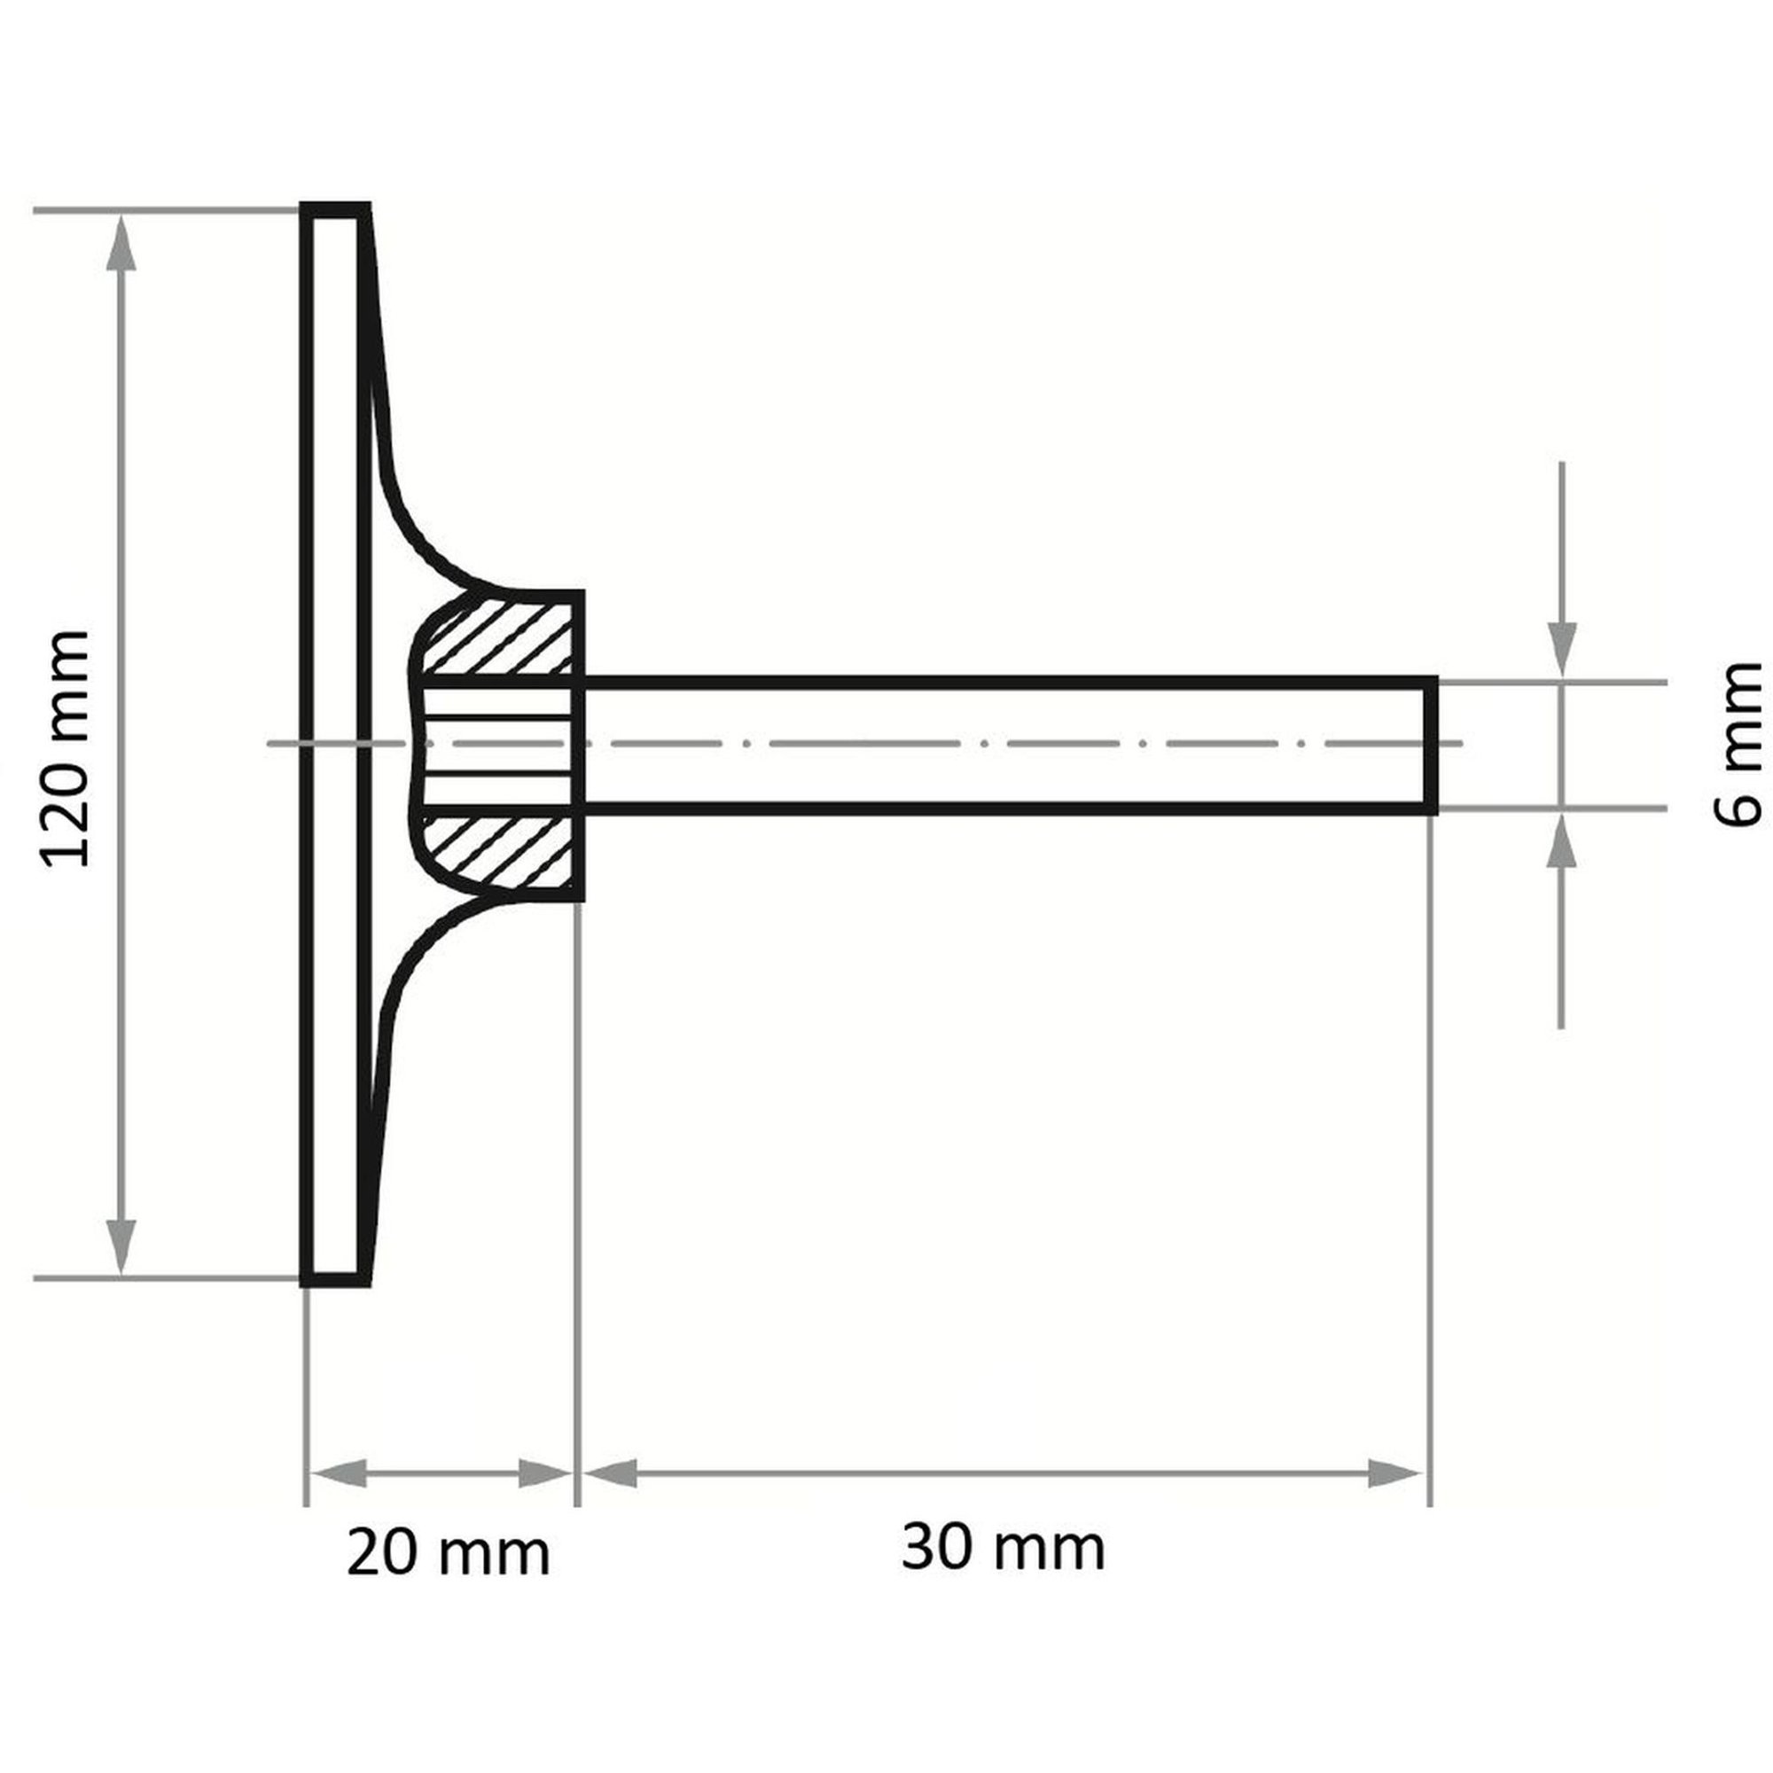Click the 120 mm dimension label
point(63,748)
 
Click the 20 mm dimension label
point(449,1554)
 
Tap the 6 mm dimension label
point(1738,745)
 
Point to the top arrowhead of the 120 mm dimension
point(123,243)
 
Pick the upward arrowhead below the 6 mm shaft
point(1561,840)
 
